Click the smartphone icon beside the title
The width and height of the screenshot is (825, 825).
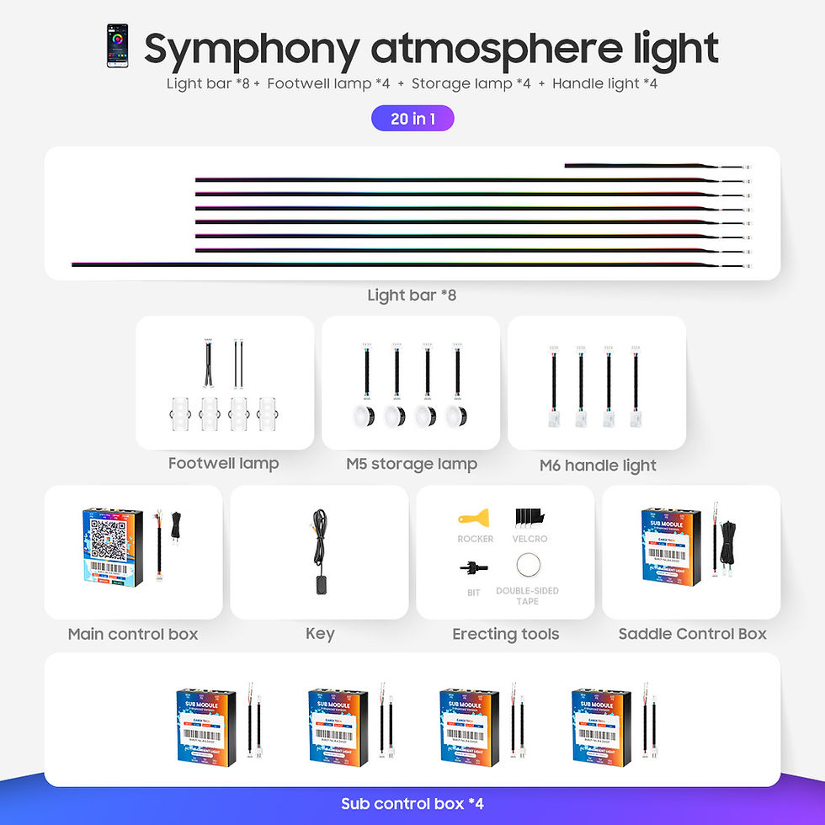coord(117,46)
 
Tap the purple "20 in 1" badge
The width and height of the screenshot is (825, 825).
coord(412,119)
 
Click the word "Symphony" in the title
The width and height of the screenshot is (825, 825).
coord(250,49)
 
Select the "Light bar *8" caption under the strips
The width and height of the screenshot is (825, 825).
coord(412,295)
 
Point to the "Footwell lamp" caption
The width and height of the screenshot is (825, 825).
coord(223,463)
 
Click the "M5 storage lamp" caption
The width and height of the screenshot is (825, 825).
coord(412,464)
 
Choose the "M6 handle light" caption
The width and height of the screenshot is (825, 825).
coord(598,466)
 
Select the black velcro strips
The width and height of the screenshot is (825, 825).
coord(530,516)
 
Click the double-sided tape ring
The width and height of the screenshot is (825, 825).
coord(529,564)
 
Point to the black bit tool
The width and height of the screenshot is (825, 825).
coord(474,567)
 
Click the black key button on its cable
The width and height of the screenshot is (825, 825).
coord(322,585)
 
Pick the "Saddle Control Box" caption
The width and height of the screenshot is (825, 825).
coord(692,634)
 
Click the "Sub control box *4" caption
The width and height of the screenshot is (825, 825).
coord(412,804)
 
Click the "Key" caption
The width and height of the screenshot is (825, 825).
coord(320,634)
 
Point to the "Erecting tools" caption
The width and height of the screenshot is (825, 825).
coord(505,634)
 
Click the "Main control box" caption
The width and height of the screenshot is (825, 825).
coord(133,634)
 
